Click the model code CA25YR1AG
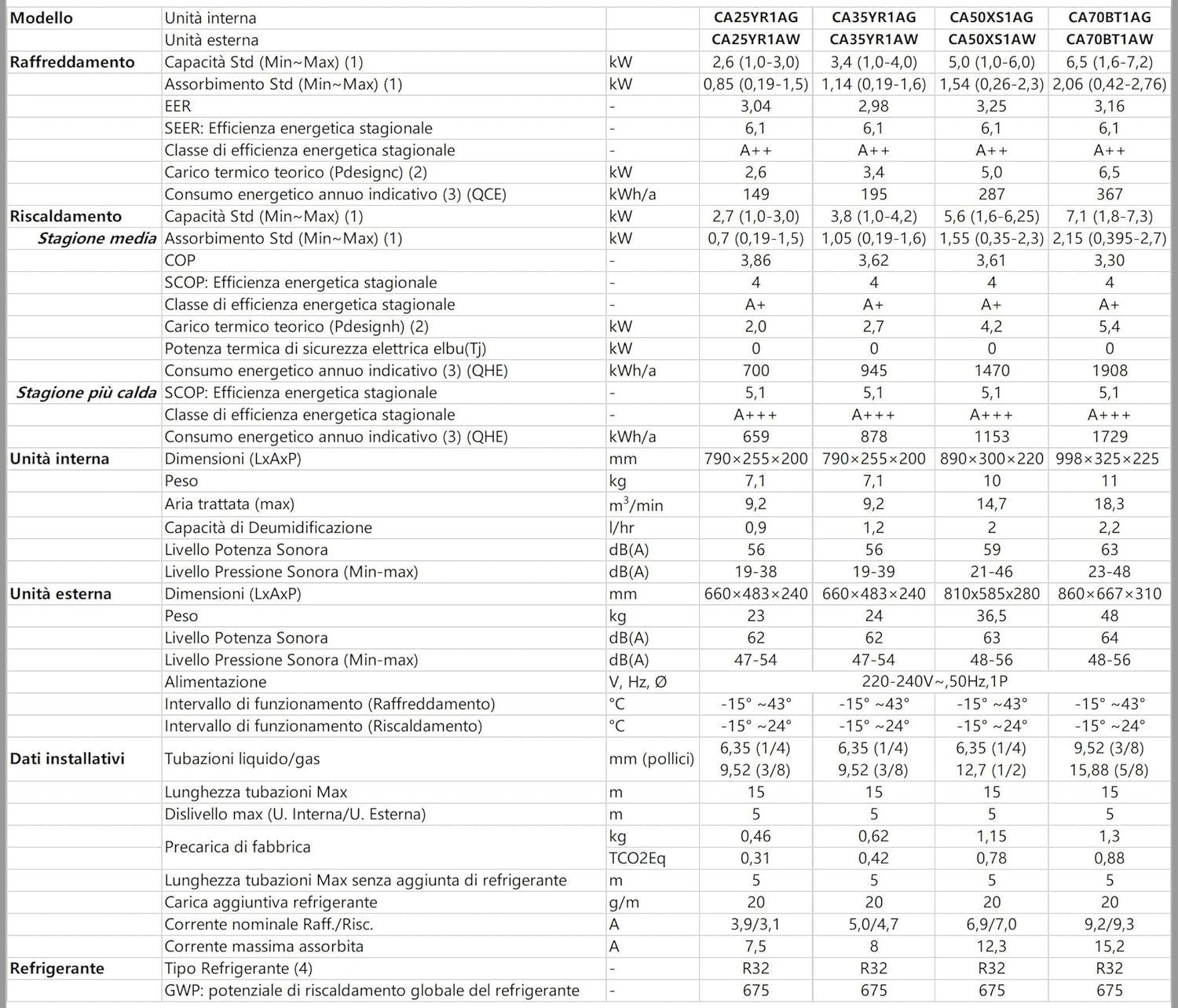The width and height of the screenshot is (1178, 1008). click(x=755, y=17)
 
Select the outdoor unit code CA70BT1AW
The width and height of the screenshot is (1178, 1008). click(x=1109, y=39)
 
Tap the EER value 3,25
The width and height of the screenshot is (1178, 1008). click(x=991, y=106)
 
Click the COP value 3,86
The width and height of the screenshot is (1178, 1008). click(x=755, y=260)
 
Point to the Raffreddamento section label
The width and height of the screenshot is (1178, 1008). click(x=72, y=62)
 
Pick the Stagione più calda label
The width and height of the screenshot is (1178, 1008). click(x=86, y=392)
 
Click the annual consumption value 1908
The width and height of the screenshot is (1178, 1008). click(x=1109, y=370)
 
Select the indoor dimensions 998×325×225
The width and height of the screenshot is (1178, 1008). click(x=1109, y=459)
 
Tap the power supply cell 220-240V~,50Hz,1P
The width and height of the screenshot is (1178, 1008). click(x=932, y=682)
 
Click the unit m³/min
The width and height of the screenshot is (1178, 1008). click(x=635, y=504)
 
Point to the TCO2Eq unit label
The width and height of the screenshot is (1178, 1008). click(x=637, y=858)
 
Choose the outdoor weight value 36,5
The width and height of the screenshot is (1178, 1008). click(x=991, y=616)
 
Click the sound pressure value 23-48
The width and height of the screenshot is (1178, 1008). click(x=1109, y=571)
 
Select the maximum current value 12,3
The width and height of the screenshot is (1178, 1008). click(x=991, y=946)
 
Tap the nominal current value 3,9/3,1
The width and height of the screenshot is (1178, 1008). click(x=755, y=924)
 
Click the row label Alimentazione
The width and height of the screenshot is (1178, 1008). click(x=215, y=682)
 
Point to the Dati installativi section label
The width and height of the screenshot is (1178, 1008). click(x=68, y=759)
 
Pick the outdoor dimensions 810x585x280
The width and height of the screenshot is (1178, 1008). click(x=991, y=594)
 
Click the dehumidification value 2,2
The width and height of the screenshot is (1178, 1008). click(x=1109, y=527)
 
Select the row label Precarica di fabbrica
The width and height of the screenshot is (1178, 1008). click(x=237, y=847)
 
